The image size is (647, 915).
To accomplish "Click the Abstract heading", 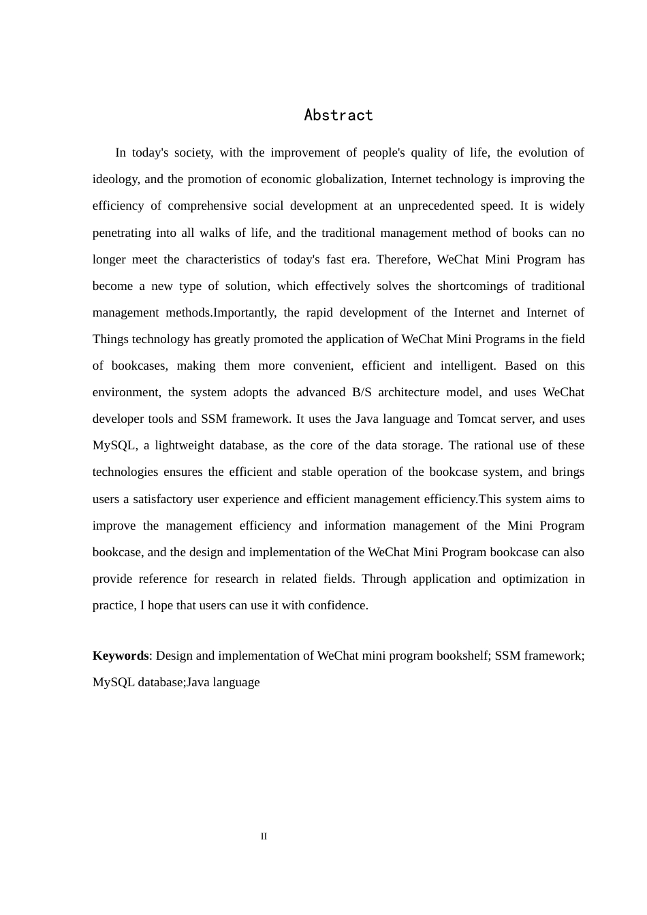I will point(338,115).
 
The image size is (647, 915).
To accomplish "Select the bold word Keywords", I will point(121,656).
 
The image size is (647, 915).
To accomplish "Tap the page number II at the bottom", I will point(264,836).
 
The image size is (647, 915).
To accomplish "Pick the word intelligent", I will point(467,366).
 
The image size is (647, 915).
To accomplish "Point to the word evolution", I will point(541,152).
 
